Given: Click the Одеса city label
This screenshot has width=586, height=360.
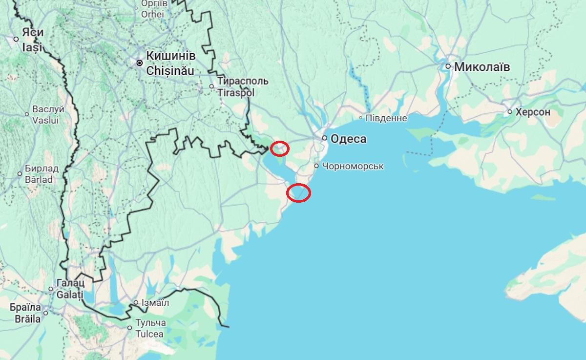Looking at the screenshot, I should click(x=348, y=139).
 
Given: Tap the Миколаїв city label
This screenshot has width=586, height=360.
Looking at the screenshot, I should click(x=482, y=67).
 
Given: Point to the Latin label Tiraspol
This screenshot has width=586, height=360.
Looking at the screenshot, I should click(x=237, y=93).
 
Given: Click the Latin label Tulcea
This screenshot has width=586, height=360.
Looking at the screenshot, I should click(x=150, y=335).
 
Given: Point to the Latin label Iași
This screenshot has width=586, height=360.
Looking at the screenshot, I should click(x=32, y=48).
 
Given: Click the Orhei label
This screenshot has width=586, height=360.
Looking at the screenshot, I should click(x=152, y=14).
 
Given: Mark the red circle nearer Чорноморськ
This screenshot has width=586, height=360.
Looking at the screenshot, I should click(x=299, y=193).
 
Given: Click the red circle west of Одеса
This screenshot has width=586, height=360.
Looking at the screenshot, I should click(x=280, y=148).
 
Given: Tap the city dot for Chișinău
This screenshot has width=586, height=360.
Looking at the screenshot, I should click(x=140, y=63).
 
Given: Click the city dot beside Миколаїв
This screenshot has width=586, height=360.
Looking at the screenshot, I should click(x=448, y=66).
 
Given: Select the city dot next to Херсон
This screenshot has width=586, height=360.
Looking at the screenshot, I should click(x=510, y=112).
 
